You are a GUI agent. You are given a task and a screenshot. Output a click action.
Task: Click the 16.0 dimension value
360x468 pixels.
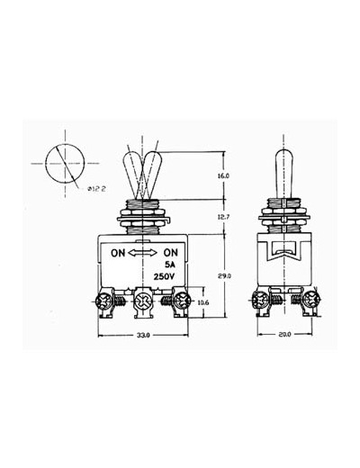coord(223,176)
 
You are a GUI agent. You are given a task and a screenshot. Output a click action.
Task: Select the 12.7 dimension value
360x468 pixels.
coord(223,217)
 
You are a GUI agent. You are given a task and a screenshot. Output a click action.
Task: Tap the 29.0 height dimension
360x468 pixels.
coord(224,276)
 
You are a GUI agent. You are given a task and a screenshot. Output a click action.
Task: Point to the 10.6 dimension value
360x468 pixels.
coord(203,302)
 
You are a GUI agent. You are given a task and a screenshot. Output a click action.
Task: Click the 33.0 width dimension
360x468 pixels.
coord(143,336)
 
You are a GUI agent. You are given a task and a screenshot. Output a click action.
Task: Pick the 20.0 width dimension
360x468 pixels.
coord(284,334)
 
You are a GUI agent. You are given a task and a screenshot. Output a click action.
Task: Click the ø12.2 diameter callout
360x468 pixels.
coord(97,189)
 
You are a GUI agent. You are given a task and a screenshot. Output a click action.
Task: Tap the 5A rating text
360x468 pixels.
coord(170,265)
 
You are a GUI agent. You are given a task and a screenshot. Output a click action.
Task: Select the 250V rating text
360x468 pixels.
coord(164,276)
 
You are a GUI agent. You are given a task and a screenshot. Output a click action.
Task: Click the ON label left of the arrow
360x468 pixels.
coord(118,253)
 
